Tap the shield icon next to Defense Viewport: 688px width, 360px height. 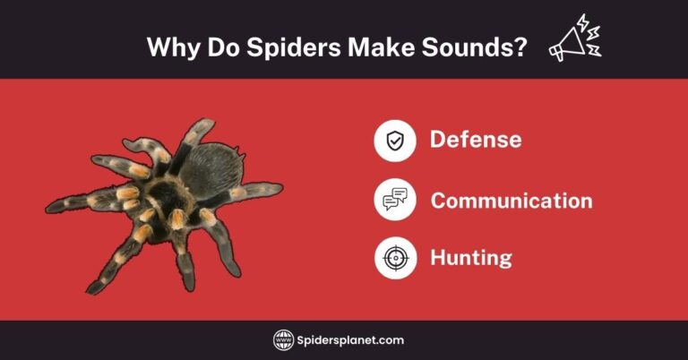click(x=395, y=141)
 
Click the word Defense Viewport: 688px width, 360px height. click(x=475, y=140)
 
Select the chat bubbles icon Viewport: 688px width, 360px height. click(x=395, y=200)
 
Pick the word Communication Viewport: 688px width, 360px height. click(x=511, y=200)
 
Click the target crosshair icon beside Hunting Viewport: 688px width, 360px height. click(x=395, y=258)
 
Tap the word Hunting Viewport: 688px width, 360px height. click(x=470, y=258)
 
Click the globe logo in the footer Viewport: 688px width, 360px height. click(x=284, y=340)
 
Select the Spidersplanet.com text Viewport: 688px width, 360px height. click(x=352, y=340)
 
